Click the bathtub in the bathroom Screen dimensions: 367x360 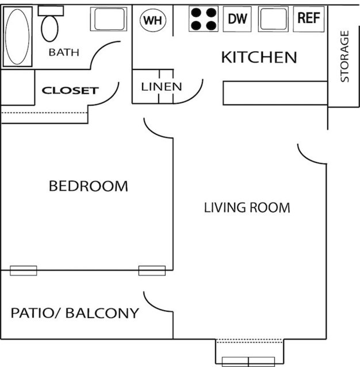[x=18, y=37]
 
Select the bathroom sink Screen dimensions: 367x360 [x=108, y=20]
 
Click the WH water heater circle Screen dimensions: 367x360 [x=153, y=20]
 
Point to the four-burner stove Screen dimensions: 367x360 [x=204, y=19]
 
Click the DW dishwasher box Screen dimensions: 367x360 [x=237, y=19]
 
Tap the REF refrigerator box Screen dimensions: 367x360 [x=309, y=18]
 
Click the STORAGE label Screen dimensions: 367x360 [x=345, y=56]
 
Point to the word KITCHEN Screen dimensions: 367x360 [x=259, y=57]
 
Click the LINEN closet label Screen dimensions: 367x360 [x=162, y=87]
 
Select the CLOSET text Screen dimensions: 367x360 [x=70, y=91]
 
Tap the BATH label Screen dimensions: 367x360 [x=63, y=53]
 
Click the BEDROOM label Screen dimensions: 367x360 [x=88, y=186]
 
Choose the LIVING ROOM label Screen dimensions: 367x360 [x=247, y=207]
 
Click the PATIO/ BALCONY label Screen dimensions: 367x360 [x=75, y=313]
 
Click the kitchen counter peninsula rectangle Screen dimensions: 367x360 [x=275, y=93]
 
